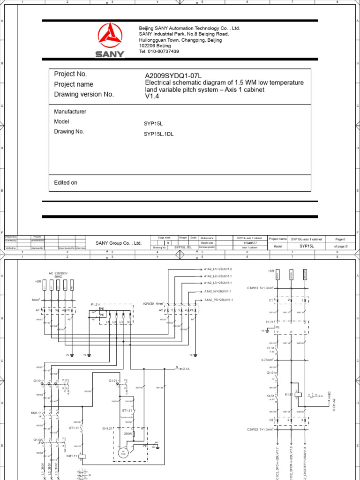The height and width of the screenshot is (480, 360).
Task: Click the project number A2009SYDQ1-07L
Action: tap(173, 75)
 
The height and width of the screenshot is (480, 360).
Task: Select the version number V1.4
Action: tap(152, 96)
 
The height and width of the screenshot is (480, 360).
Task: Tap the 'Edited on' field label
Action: tap(66, 182)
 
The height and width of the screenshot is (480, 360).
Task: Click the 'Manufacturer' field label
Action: tap(70, 112)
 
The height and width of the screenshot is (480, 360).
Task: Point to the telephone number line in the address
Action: tap(159, 52)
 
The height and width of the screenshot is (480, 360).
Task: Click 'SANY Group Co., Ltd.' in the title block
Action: tap(119, 243)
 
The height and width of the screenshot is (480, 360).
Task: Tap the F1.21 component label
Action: tap(96, 304)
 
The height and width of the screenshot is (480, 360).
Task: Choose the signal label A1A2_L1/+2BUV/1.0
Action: tap(218, 270)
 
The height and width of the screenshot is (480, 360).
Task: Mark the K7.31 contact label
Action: tap(271, 348)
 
